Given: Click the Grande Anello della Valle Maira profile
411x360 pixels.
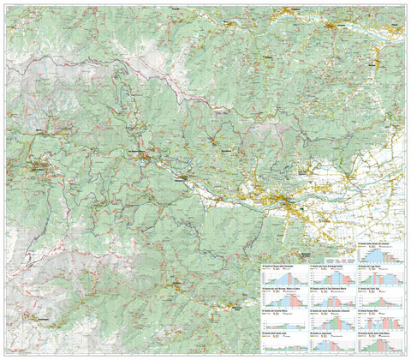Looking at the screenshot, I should (378, 342).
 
